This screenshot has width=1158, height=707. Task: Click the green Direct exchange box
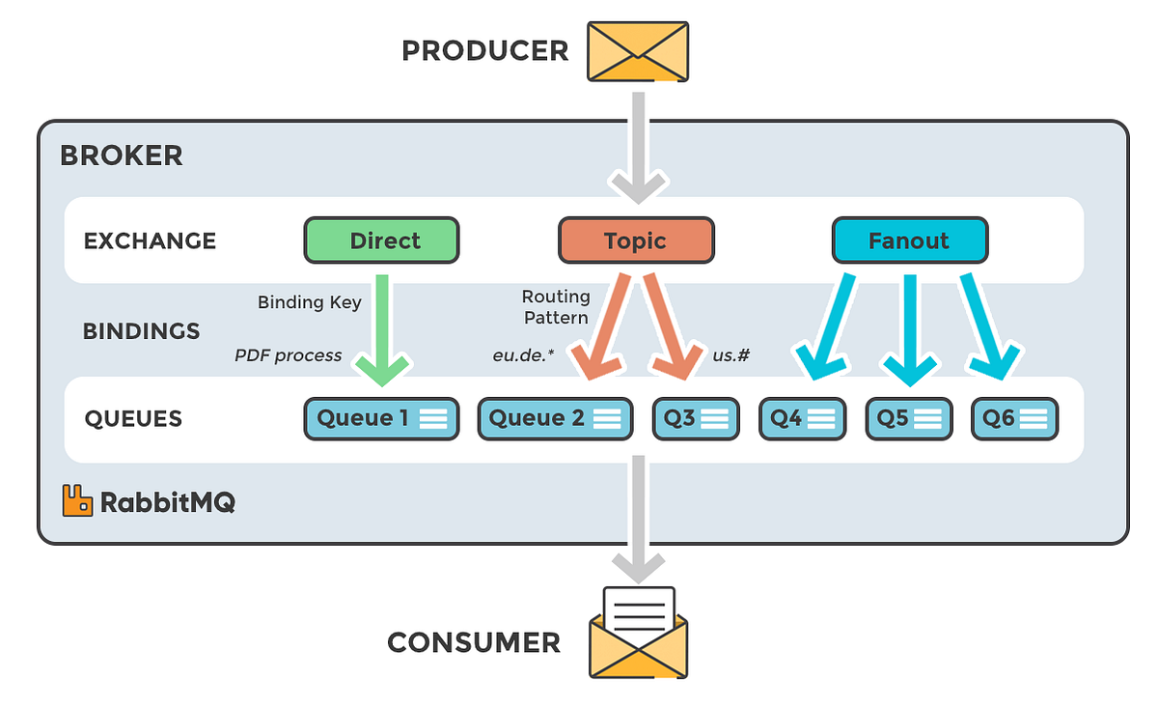point(381,240)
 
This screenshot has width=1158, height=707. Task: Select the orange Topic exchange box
point(636,240)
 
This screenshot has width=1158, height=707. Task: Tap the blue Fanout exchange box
point(909,240)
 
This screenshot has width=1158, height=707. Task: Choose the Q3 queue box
point(695,418)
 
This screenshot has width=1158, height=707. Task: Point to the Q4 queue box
point(802,418)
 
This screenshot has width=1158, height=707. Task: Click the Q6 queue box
point(1014,418)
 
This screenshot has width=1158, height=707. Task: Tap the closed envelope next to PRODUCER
point(638,50)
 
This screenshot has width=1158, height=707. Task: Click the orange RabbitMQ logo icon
point(77,500)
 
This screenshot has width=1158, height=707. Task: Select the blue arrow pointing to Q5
point(908,328)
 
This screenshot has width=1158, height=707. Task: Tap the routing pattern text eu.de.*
point(523,355)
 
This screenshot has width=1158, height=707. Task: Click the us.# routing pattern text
point(731,355)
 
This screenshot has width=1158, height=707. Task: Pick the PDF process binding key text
point(288,355)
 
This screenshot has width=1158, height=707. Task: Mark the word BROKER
point(121,156)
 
